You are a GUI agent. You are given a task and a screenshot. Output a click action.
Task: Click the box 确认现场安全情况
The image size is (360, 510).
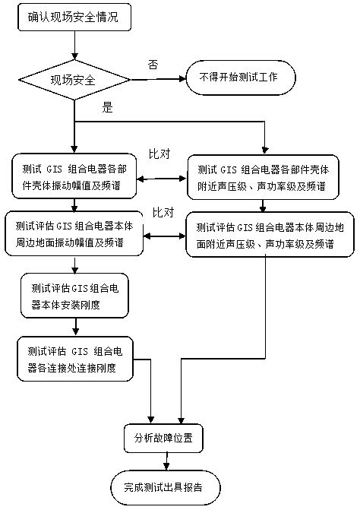[x=74, y=17]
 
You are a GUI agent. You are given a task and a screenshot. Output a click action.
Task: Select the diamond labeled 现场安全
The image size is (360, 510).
[x=74, y=78]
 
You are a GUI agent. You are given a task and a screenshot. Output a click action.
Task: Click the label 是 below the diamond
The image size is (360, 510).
[x=107, y=108]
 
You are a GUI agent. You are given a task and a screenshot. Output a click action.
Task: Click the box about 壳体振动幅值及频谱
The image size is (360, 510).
[x=74, y=176]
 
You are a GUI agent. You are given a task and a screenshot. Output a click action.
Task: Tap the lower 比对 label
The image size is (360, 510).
[x=163, y=211]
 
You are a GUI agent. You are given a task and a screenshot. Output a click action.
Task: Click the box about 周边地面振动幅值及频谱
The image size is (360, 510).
[x=74, y=233]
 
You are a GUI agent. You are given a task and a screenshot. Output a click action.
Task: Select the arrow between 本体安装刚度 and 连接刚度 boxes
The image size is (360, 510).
[x=74, y=325]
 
